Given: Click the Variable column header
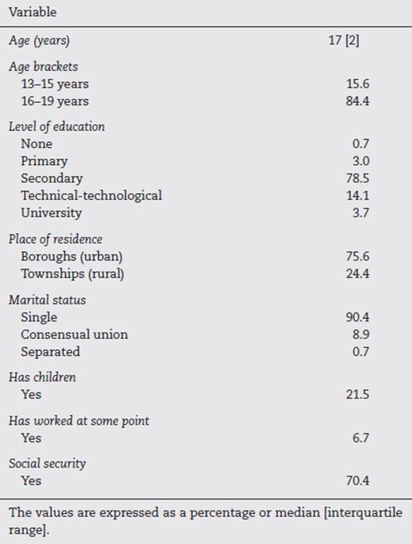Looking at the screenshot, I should (x=33, y=12).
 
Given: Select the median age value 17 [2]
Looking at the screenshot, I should (x=343, y=41).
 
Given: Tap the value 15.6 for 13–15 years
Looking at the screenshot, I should (x=358, y=84).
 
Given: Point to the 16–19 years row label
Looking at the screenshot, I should (x=54, y=101).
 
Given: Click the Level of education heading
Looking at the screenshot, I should (x=57, y=126).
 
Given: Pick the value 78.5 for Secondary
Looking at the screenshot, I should (x=358, y=178).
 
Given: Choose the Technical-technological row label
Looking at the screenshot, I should (x=92, y=195).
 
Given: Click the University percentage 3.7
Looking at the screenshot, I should (x=360, y=213).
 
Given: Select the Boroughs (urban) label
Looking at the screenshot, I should (x=71, y=256).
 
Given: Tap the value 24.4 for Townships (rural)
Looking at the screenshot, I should (x=358, y=274).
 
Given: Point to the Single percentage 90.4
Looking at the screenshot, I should (x=358, y=317).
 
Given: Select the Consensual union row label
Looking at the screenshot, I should (x=74, y=335).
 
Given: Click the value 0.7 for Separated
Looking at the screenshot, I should (x=360, y=352).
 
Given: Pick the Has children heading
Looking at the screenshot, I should (x=42, y=378).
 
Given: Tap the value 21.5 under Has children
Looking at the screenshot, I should (x=358, y=395).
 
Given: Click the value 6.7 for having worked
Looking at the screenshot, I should (x=360, y=438).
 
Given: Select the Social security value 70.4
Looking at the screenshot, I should (x=358, y=481).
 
